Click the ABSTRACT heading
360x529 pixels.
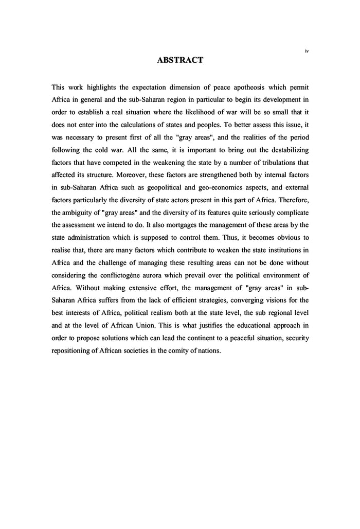coord(180,60)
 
